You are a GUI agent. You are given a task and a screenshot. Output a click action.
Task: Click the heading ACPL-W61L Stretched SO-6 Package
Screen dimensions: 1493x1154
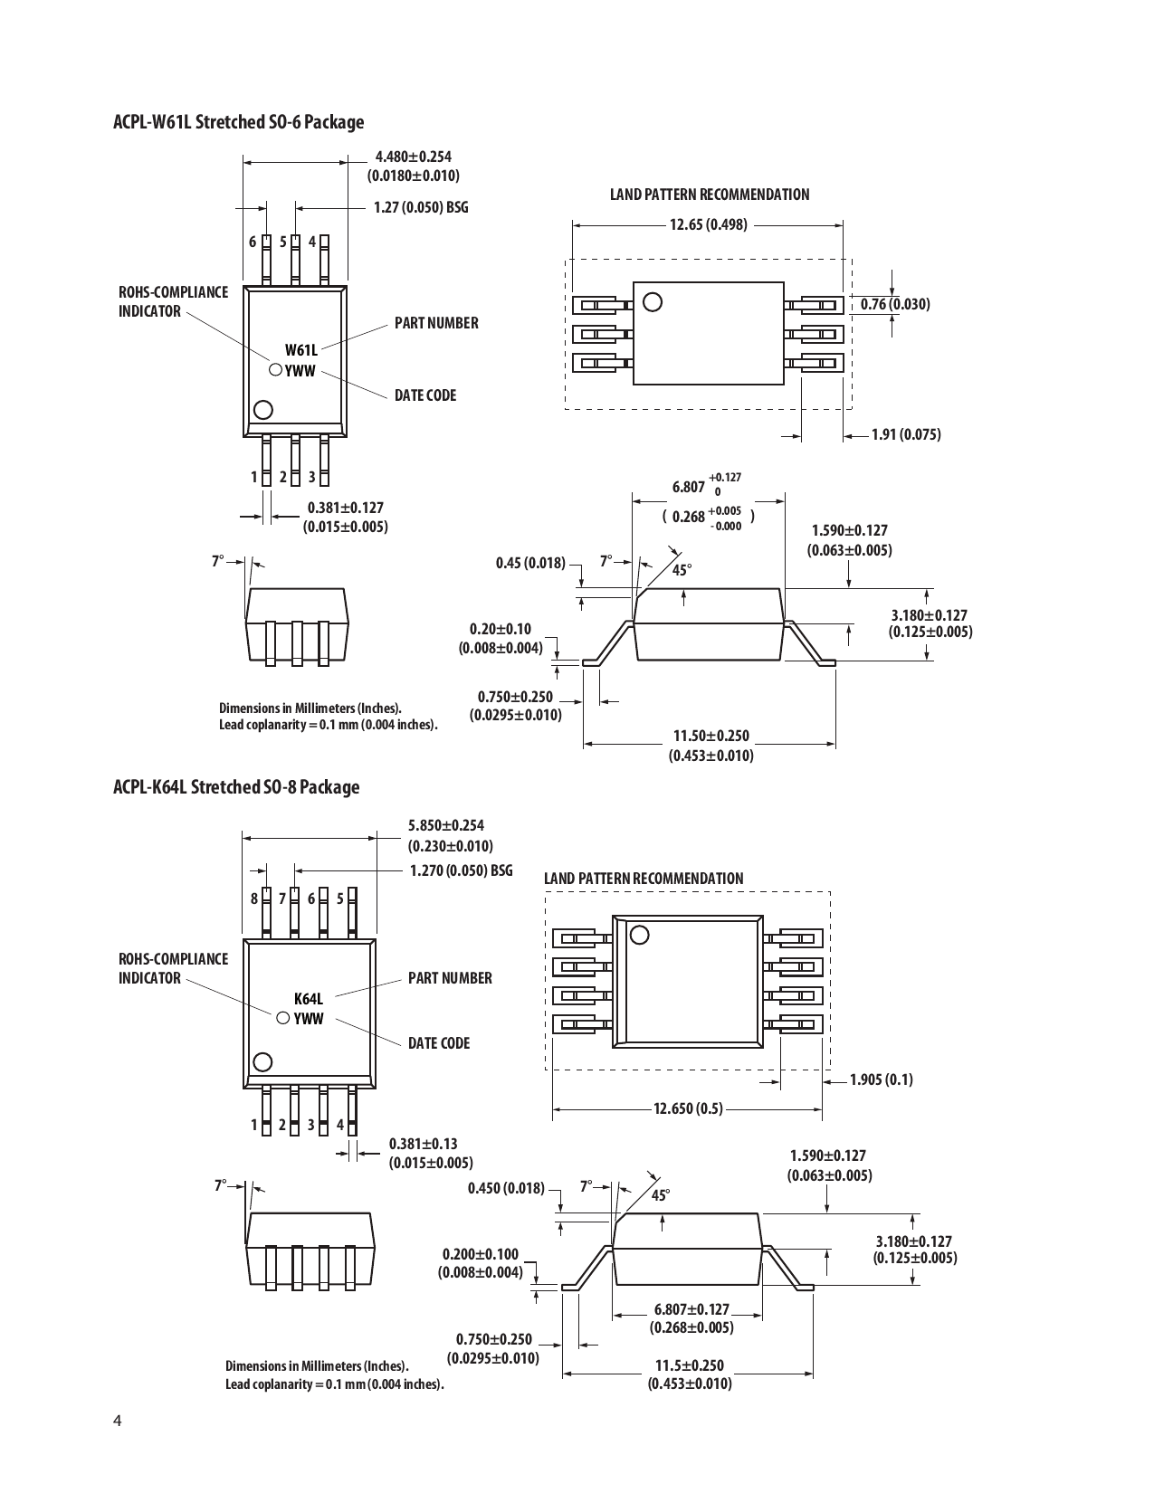[238, 122]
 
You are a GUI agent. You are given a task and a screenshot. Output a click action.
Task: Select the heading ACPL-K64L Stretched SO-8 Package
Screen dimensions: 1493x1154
[236, 787]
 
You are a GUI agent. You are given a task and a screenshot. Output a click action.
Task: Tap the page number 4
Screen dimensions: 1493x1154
[117, 1419]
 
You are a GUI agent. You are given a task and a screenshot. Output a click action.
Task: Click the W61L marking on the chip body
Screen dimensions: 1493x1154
[301, 350]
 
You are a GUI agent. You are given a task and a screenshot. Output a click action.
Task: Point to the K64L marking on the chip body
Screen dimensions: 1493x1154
[309, 999]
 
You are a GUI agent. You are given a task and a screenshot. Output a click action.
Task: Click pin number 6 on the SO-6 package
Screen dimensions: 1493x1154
[253, 242]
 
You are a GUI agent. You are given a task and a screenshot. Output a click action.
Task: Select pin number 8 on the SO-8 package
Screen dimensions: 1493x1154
[254, 899]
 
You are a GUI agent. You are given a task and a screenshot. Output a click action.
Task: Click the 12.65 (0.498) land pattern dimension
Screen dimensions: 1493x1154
[709, 224]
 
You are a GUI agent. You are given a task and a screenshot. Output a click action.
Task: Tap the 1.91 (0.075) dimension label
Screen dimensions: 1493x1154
[906, 435]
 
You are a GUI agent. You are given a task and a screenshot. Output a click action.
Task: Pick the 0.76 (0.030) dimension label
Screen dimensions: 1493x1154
[895, 304]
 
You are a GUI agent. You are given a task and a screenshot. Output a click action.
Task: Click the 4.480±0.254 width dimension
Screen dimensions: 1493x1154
[413, 157]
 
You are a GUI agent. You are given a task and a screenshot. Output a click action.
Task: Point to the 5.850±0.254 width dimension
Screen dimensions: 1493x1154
[446, 825]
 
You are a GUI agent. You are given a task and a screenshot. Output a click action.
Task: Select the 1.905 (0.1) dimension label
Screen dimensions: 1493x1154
[882, 1079]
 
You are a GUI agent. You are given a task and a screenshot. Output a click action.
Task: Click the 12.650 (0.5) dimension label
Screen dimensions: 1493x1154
[688, 1108]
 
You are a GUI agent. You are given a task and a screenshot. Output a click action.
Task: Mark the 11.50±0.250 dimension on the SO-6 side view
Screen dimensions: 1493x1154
[711, 737]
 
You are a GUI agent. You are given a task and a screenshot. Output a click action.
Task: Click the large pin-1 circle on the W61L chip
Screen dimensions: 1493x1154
[263, 410]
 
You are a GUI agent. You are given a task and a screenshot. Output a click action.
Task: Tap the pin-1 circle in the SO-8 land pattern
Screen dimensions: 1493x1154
[640, 936]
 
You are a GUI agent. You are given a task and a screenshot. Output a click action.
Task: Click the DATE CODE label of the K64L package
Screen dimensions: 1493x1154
[439, 1043]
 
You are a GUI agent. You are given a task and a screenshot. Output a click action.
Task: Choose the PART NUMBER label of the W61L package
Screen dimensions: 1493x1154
[436, 323]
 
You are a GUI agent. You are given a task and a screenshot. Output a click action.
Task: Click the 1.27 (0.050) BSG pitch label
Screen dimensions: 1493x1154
[421, 207]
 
